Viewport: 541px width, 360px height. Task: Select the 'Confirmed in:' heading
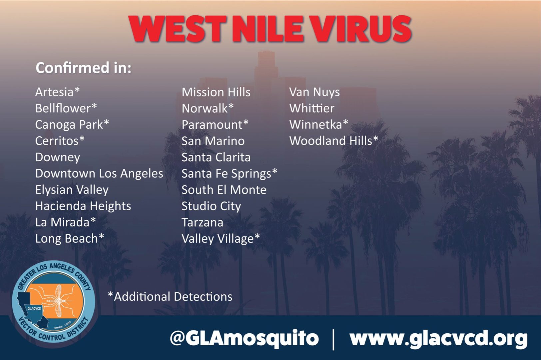84,68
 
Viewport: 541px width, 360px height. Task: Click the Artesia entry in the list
58,92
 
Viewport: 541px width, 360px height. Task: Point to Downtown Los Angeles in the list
99,174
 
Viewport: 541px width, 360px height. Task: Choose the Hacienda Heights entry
83,206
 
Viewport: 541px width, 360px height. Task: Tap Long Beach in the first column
70,239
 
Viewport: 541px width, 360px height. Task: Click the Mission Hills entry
216,92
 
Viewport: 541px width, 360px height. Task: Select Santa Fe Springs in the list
229,174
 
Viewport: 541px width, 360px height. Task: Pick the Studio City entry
211,206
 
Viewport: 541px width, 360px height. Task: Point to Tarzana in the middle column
203,223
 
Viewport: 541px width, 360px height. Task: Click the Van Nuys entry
314,92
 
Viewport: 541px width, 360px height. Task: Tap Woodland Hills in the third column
334,141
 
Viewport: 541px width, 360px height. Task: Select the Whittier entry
312,108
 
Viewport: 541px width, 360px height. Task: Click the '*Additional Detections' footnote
170,296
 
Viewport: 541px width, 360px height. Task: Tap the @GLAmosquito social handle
244,338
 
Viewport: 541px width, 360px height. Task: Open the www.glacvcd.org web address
438,339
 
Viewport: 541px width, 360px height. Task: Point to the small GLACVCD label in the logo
34,309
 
